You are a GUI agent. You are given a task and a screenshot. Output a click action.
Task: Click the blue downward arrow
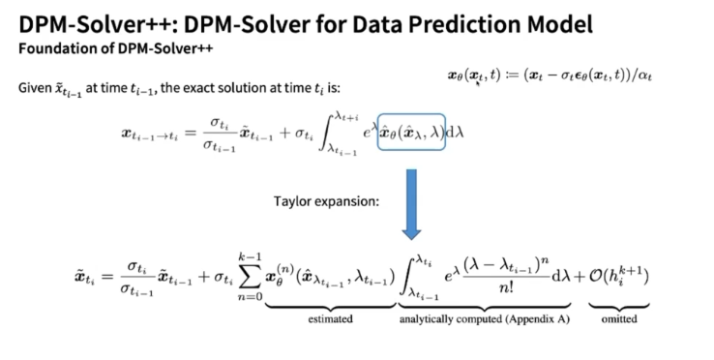pos(410,204)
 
